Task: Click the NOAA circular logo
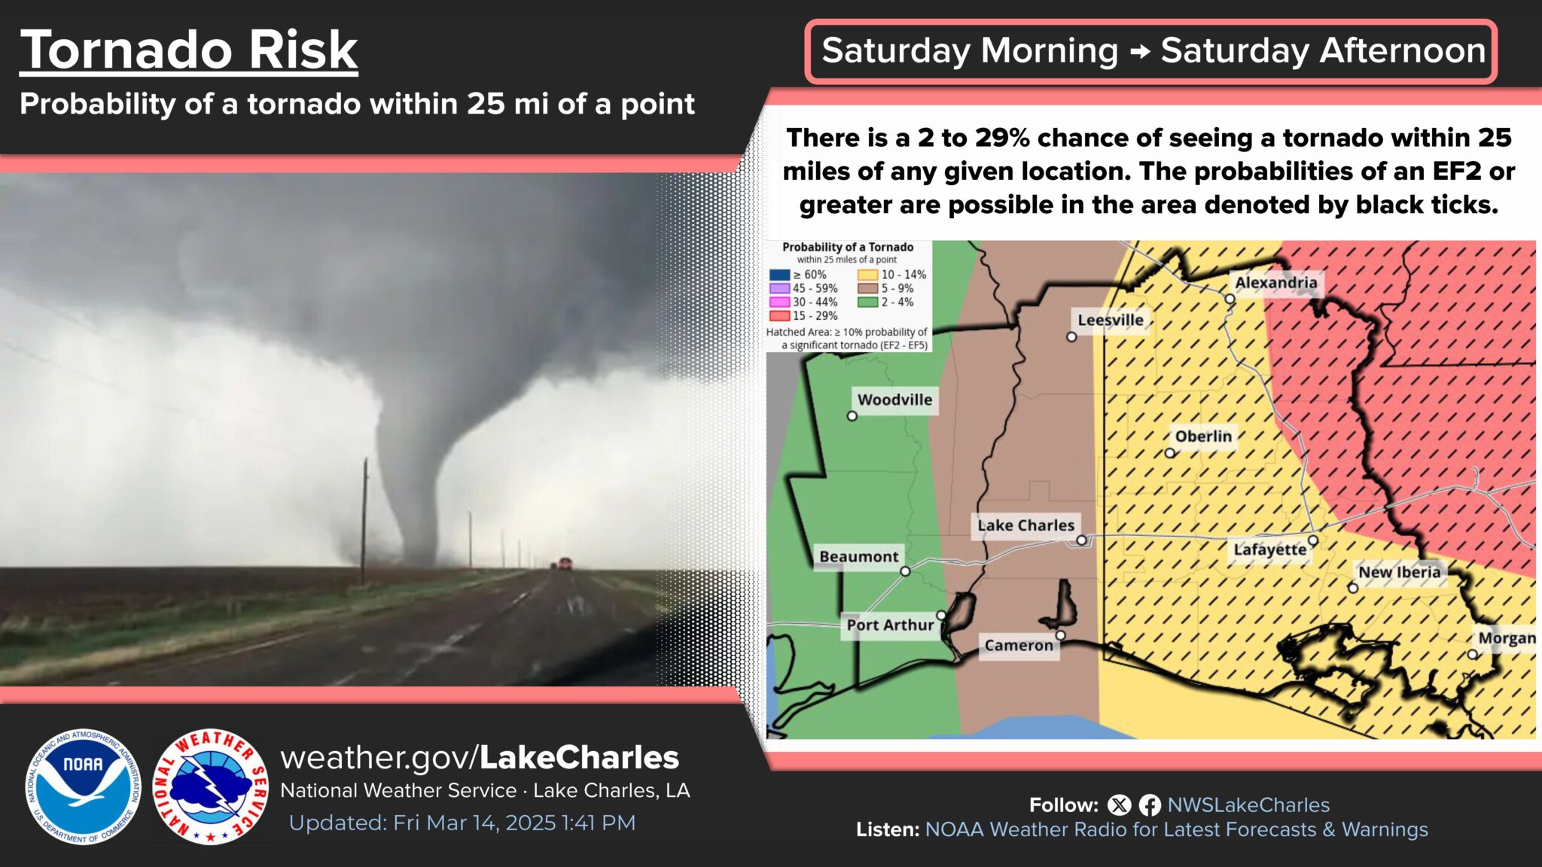pyautogui.click(x=83, y=786)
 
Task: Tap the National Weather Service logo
pyautogui.click(x=210, y=786)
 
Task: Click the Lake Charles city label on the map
pyautogui.click(x=1025, y=525)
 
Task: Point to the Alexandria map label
pyautogui.click(x=1276, y=283)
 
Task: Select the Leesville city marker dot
pyautogui.click(x=1071, y=337)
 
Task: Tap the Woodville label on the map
pyautogui.click(x=894, y=400)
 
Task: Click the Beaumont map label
pyautogui.click(x=859, y=557)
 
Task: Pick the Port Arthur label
pyautogui.click(x=890, y=625)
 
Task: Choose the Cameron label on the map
pyautogui.click(x=1019, y=646)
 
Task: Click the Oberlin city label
pyautogui.click(x=1203, y=437)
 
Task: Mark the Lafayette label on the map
pyautogui.click(x=1270, y=549)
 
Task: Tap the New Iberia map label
pyautogui.click(x=1399, y=572)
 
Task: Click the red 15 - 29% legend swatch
pyautogui.click(x=779, y=316)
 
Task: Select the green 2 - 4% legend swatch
pyautogui.click(x=867, y=303)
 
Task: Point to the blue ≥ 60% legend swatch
pyautogui.click(x=779, y=275)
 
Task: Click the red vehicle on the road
pyautogui.click(x=565, y=563)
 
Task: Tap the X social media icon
pyautogui.click(x=1120, y=805)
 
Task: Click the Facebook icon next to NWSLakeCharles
pyautogui.click(x=1150, y=805)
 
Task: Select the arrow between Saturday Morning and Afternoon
pyautogui.click(x=1140, y=51)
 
